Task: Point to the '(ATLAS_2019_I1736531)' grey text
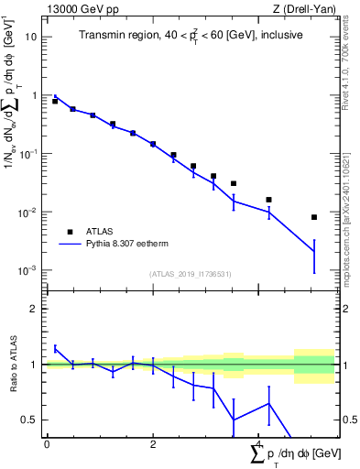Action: click(x=191, y=274)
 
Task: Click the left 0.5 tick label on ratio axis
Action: click(x=32, y=420)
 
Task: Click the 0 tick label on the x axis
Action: click(x=47, y=443)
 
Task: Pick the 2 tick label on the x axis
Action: click(x=153, y=443)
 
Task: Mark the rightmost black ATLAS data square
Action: click(x=314, y=217)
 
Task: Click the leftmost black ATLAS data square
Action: click(x=55, y=101)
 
